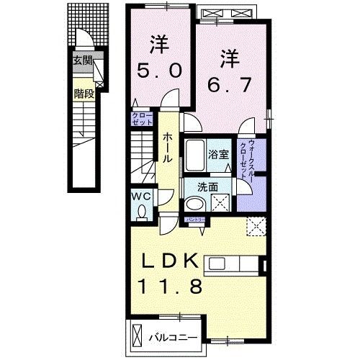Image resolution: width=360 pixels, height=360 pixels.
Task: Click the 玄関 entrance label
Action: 82,60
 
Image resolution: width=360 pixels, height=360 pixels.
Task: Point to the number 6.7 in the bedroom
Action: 228,84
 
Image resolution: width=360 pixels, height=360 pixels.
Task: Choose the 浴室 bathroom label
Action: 220,153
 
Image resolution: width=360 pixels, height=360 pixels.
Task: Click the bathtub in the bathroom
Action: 194,153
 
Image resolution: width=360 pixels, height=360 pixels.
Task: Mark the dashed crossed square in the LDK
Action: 255,227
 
